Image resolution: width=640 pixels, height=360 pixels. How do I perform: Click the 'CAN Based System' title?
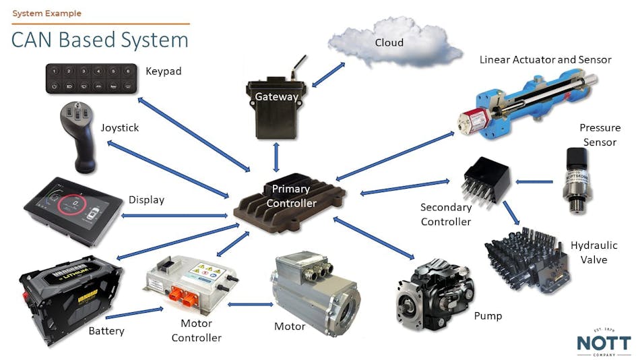click(x=99, y=40)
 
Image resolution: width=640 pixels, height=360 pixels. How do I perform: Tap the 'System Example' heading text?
click(x=46, y=13)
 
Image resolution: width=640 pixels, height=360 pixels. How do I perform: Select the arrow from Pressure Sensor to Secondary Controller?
click(x=532, y=181)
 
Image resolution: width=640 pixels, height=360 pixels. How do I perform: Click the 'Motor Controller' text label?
click(x=196, y=332)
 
